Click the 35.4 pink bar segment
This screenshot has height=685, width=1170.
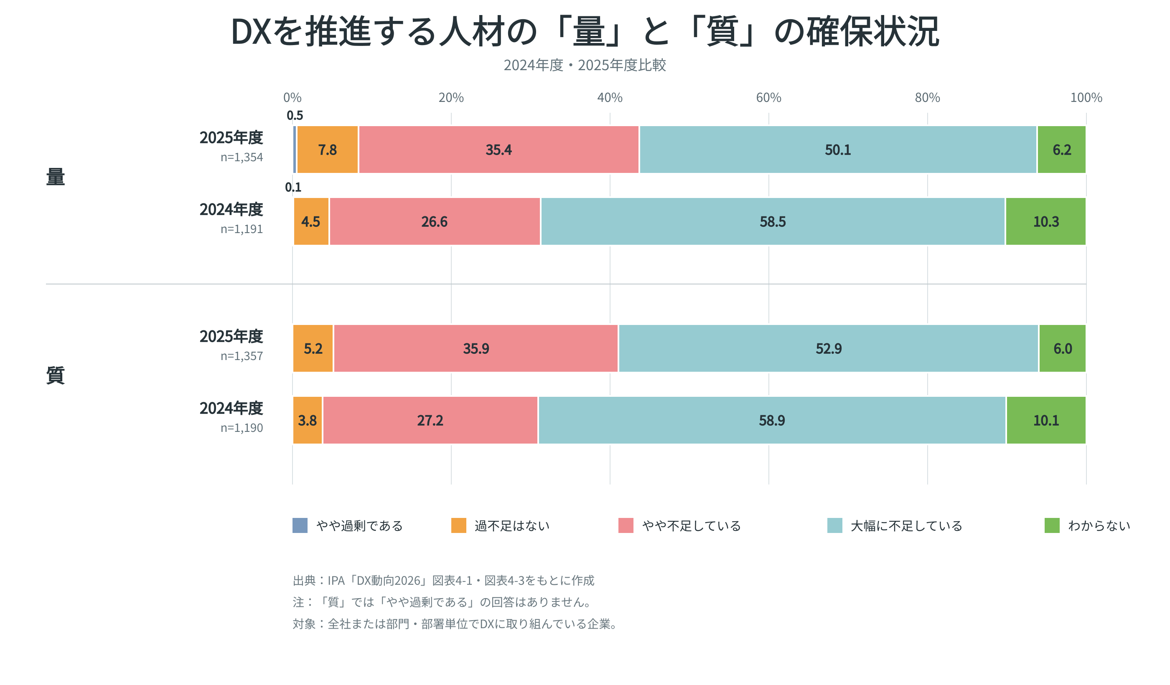click(x=499, y=150)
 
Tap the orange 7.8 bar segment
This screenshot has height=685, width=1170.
click(x=327, y=150)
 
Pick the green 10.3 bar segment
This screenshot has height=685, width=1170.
click(x=1045, y=221)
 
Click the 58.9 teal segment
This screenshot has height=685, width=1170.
click(x=772, y=420)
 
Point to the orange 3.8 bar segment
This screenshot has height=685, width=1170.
click(x=308, y=420)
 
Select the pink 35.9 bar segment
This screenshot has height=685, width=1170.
click(x=476, y=348)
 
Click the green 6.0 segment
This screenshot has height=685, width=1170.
click(x=1062, y=348)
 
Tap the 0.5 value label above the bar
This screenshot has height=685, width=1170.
click(x=295, y=115)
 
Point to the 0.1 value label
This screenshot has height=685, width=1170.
click(x=293, y=187)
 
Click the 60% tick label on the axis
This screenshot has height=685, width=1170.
click(x=768, y=97)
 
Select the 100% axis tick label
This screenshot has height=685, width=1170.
click(x=1086, y=97)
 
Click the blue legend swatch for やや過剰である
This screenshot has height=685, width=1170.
click(x=300, y=525)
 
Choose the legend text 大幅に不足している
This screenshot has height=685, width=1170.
click(x=906, y=526)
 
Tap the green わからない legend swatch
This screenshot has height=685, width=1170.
click(x=1052, y=525)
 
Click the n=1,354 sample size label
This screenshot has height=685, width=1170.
click(x=242, y=157)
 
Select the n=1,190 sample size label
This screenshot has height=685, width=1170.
click(x=242, y=428)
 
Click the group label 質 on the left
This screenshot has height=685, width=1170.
click(x=55, y=375)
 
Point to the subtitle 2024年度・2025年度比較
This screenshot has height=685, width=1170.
click(x=585, y=65)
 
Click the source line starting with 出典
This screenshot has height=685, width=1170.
click(x=443, y=581)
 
